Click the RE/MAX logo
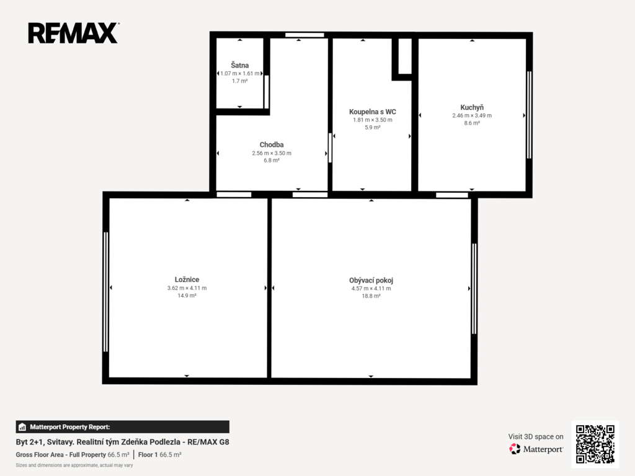(x=73, y=33)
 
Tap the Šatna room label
(x=240, y=64)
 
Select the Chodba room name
(x=272, y=144)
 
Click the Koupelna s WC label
(x=373, y=112)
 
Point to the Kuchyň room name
(x=472, y=107)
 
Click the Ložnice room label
(x=187, y=280)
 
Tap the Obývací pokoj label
(x=371, y=280)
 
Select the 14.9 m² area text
(x=187, y=296)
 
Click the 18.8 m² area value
(x=371, y=296)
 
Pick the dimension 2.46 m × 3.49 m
(x=472, y=115)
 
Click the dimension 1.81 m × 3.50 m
(x=373, y=120)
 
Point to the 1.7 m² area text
(x=240, y=81)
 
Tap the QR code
(x=595, y=444)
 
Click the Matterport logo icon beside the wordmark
(x=515, y=449)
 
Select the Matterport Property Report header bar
(x=122, y=427)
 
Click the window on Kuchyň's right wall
(x=529, y=115)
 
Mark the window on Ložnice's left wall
(x=105, y=292)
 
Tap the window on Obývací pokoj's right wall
(x=474, y=288)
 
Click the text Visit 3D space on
(x=536, y=436)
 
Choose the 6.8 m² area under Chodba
(x=272, y=161)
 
